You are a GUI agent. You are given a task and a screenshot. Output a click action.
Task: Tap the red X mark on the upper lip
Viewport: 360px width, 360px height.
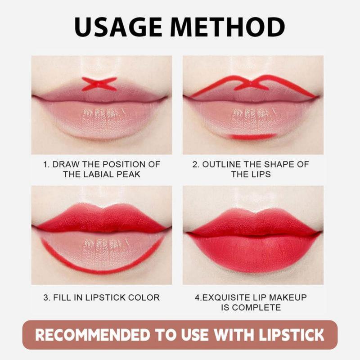(x=99, y=84)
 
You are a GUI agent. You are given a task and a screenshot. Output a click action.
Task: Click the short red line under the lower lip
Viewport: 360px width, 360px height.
(x=252, y=136)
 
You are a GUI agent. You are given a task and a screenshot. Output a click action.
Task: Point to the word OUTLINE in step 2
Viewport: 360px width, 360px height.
(x=222, y=164)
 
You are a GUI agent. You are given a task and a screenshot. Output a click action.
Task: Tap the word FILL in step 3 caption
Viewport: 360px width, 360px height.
(x=63, y=297)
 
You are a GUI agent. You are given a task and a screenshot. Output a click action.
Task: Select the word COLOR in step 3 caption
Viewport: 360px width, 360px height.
(x=144, y=297)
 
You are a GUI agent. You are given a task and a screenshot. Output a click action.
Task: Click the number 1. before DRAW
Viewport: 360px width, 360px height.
(x=46, y=164)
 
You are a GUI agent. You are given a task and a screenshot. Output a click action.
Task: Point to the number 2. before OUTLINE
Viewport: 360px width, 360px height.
(x=196, y=164)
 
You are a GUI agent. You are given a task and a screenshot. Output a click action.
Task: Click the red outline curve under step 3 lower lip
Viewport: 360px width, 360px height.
(x=101, y=271)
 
